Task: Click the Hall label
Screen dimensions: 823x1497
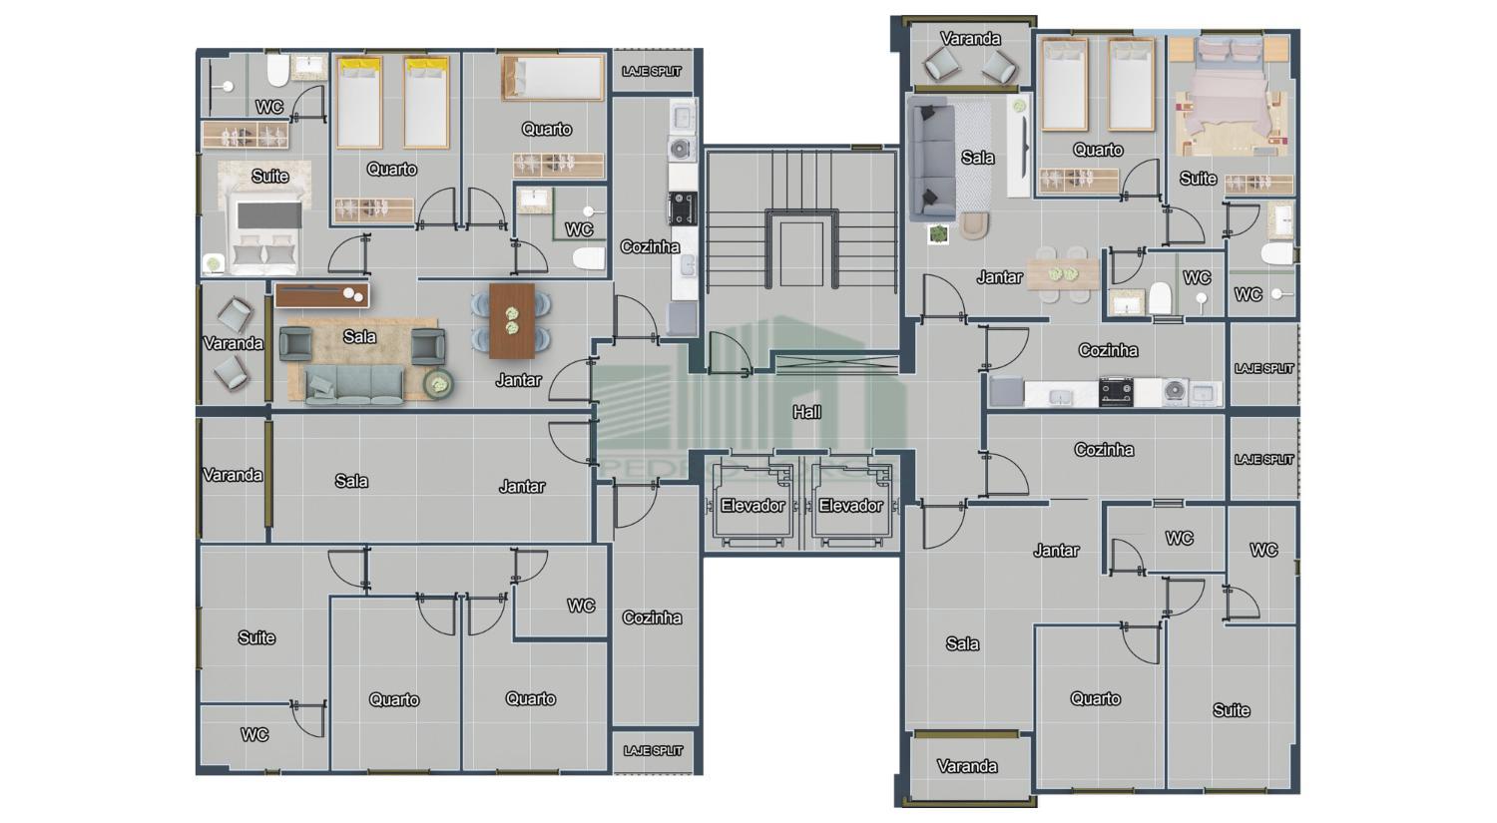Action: (806, 411)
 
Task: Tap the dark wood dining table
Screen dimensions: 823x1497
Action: (512, 321)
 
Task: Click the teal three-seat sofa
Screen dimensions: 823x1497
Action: (354, 384)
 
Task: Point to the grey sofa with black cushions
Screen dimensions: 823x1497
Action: (929, 158)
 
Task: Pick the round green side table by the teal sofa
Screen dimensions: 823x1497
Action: (437, 383)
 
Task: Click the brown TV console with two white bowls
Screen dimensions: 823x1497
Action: (321, 295)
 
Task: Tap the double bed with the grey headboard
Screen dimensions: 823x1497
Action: (264, 235)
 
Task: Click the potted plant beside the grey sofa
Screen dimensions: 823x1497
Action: (938, 234)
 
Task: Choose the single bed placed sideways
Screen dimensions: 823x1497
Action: (553, 78)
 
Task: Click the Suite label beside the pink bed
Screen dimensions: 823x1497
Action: (1198, 179)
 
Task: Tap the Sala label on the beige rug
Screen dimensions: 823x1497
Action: (359, 337)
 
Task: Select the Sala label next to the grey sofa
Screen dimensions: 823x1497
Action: (978, 158)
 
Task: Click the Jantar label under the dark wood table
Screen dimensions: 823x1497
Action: (518, 380)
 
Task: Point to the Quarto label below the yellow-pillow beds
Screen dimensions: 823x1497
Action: (391, 170)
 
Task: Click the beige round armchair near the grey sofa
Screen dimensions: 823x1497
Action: (974, 225)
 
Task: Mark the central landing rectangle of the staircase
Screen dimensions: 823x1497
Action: (801, 253)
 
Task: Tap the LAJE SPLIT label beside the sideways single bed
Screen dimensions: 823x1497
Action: (652, 72)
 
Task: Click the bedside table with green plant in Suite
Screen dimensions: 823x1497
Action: (213, 264)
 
